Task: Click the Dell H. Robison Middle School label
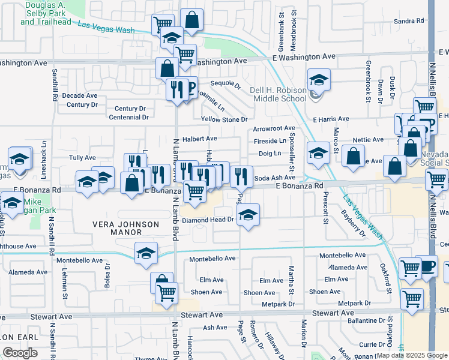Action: [x=278, y=94]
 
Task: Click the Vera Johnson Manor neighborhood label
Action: [x=125, y=224]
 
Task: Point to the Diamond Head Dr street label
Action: [x=208, y=220]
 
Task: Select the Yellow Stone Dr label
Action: [x=224, y=119]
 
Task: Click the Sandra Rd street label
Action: [x=409, y=21]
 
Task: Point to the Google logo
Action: [x=20, y=353]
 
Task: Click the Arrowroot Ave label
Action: [x=274, y=128]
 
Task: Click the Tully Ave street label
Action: [x=82, y=158]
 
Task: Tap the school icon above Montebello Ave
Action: [x=146, y=254]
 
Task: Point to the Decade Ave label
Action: [x=80, y=95]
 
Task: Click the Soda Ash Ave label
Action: [x=274, y=178]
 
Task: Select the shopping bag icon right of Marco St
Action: [x=354, y=156]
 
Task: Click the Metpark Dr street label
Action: [x=279, y=304]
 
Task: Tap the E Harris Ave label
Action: [x=331, y=119]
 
